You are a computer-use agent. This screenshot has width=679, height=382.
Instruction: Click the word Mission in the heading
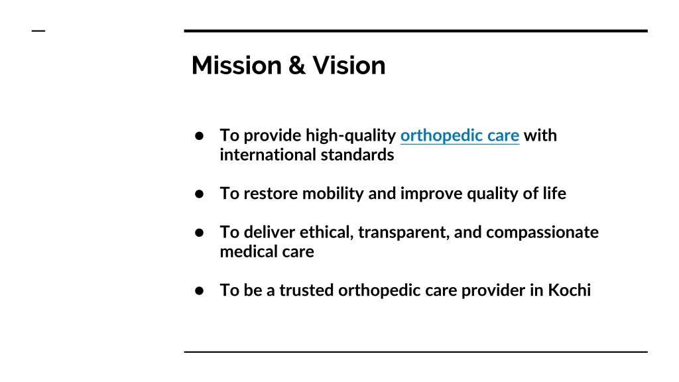237,66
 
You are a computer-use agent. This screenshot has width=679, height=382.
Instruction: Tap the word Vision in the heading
349,66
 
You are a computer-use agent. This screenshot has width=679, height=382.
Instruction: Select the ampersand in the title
297,66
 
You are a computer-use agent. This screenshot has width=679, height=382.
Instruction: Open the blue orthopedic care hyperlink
460,135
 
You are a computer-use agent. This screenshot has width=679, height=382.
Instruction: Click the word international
268,155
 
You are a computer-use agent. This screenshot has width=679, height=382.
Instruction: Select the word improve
431,194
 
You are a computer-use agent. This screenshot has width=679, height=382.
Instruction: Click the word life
554,193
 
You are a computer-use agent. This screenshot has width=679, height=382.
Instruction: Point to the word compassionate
542,233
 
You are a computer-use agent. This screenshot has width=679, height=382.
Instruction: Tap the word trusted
306,290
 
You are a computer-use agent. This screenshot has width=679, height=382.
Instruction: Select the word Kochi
569,290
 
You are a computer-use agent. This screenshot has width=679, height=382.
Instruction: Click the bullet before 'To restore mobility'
199,194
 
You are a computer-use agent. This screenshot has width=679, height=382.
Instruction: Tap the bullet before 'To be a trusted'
199,290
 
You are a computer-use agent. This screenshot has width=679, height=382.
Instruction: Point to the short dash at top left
38,31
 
